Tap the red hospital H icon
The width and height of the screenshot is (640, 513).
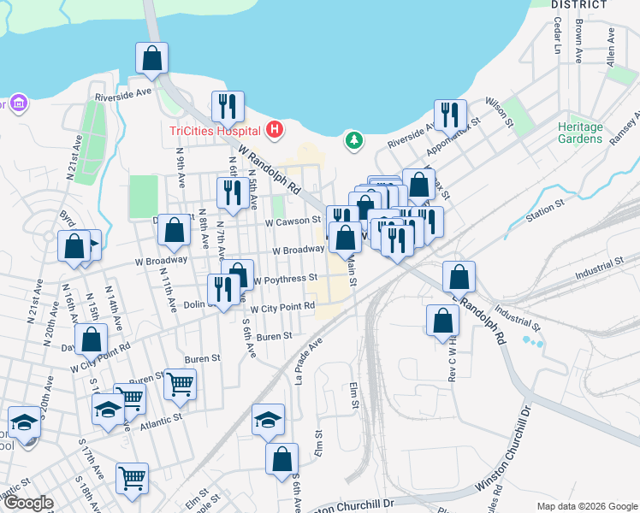pyautogui.click(x=274, y=130)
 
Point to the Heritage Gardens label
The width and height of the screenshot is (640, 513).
pyautogui.click(x=580, y=133)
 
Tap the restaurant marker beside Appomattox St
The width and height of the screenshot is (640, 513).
pyautogui.click(x=449, y=115)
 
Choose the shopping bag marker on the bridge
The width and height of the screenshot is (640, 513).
pyautogui.click(x=151, y=58)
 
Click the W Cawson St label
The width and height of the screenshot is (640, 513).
pyautogui.click(x=292, y=221)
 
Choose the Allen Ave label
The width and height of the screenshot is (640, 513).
pyautogui.click(x=611, y=47)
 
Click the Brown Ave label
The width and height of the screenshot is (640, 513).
pyautogui.click(x=579, y=42)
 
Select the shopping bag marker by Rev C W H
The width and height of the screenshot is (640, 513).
pyautogui.click(x=442, y=320)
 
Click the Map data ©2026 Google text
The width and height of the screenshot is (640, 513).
pyautogui.click(x=586, y=506)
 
